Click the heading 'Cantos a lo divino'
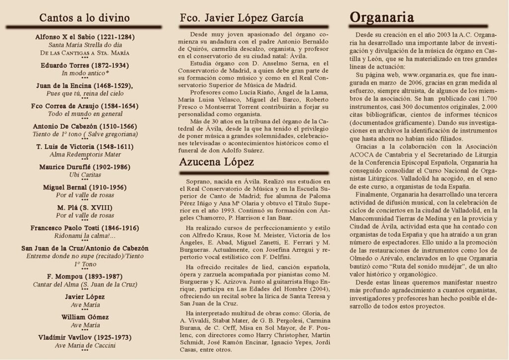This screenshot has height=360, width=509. coord(85,18)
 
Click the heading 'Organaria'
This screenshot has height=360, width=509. coord(382,18)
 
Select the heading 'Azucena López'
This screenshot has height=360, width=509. coord(217,162)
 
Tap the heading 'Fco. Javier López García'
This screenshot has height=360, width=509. coord(242,18)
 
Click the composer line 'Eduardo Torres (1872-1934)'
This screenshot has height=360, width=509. coord(85,65)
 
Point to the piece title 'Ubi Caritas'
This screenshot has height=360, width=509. coord(85,175)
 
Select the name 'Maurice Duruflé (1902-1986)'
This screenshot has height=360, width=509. coord(85,167)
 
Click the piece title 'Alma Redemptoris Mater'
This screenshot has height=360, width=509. coord(85,154)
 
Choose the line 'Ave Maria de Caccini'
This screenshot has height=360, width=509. coord(85,345)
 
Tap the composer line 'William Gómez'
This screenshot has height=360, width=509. coord(85,317)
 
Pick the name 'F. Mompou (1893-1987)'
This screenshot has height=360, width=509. coord(85,276)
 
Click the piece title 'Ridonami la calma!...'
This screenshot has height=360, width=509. coord(85,236)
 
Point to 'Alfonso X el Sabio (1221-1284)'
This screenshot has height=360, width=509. coord(85,37)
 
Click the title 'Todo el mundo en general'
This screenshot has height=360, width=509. coord(85,113)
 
